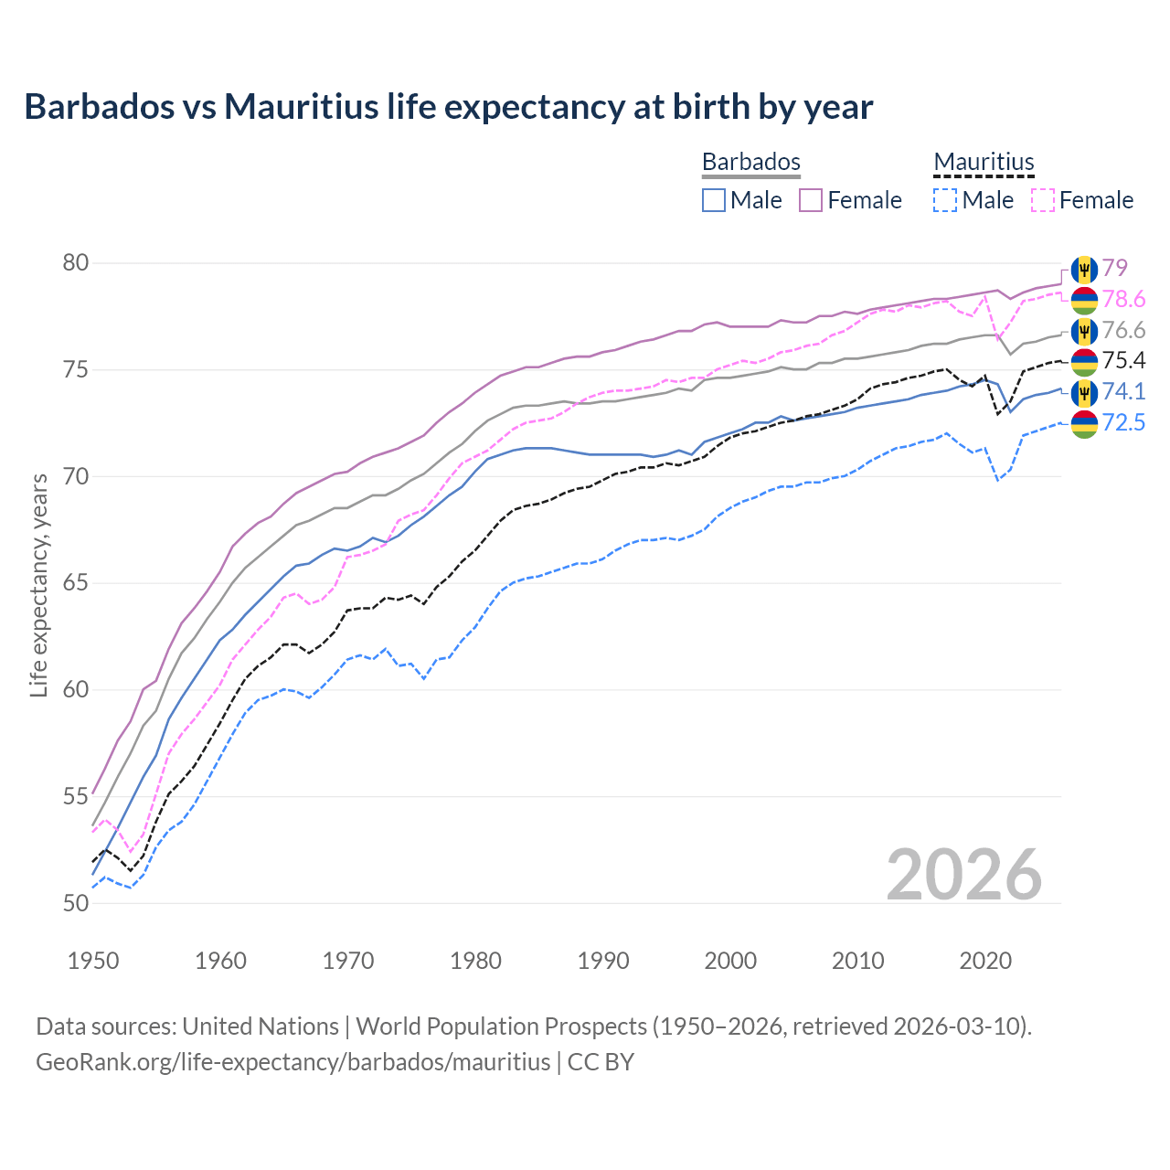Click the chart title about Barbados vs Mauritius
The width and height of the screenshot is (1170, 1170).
coord(448,107)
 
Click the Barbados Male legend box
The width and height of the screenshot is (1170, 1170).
coord(714,200)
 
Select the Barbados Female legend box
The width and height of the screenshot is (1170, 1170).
coord(811,200)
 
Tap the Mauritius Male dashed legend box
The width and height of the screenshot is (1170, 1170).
coord(945,200)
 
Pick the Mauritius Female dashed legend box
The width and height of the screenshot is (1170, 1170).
coord(1042,200)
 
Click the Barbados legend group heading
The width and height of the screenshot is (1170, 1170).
coord(750,162)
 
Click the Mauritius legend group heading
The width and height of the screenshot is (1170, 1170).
coord(984,162)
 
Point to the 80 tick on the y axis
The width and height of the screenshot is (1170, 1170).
coord(76,263)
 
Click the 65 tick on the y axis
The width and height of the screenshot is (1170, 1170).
coord(76,583)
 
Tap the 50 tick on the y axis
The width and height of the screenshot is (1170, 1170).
coord(76,903)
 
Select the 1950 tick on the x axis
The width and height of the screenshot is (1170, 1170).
coord(93,961)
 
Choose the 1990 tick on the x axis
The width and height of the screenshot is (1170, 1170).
coord(603,961)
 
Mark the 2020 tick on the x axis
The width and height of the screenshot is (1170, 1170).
coord(985,961)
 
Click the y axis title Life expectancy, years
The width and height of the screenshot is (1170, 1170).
coord(38,585)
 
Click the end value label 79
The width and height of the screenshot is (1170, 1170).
coord(1114,268)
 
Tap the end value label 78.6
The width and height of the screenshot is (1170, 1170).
coord(1123,300)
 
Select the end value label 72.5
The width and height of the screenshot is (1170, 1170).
coord(1123,423)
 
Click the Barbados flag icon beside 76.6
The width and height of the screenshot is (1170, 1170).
coord(1084,330)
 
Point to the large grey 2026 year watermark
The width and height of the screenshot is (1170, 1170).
coord(963,875)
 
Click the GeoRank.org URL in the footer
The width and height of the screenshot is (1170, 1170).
coord(292,1062)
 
